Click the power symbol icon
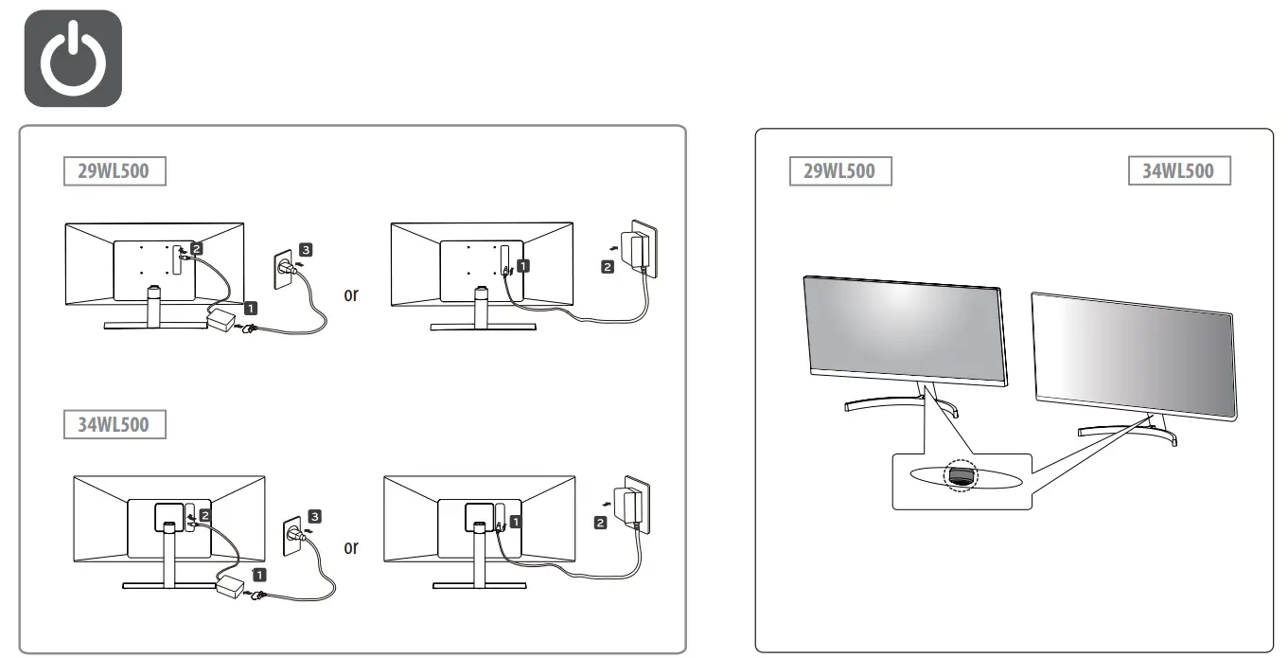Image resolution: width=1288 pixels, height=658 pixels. coord(72,57)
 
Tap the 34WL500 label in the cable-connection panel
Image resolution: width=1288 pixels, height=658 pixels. coord(113,423)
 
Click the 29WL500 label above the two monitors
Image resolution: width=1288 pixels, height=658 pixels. coord(840,171)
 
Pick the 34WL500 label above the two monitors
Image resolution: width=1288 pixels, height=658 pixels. coord(1179,171)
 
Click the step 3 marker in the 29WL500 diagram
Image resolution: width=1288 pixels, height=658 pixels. coord(302,250)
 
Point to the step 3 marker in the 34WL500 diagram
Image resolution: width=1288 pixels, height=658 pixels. coord(314,516)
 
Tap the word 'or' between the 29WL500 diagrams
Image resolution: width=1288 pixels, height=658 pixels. coord(351,293)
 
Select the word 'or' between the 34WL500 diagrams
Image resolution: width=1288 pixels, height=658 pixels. coord(351,546)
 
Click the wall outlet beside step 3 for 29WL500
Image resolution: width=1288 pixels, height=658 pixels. coord(283,271)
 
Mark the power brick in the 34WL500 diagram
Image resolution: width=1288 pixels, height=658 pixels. coord(233,587)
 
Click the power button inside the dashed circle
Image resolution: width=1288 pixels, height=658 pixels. coord(961,477)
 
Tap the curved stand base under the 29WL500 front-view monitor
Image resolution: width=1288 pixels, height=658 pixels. coord(899,403)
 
